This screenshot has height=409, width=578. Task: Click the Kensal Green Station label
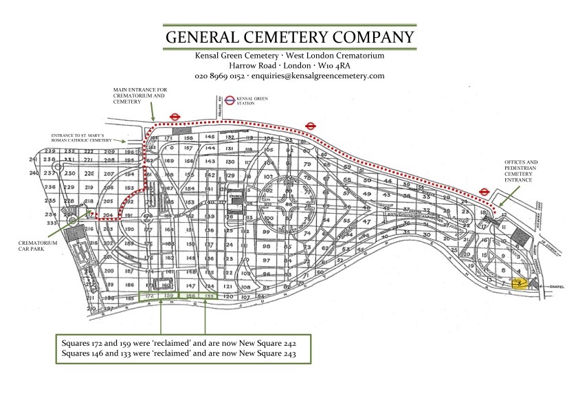(255, 100)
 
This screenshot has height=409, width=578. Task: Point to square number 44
(387, 180)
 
